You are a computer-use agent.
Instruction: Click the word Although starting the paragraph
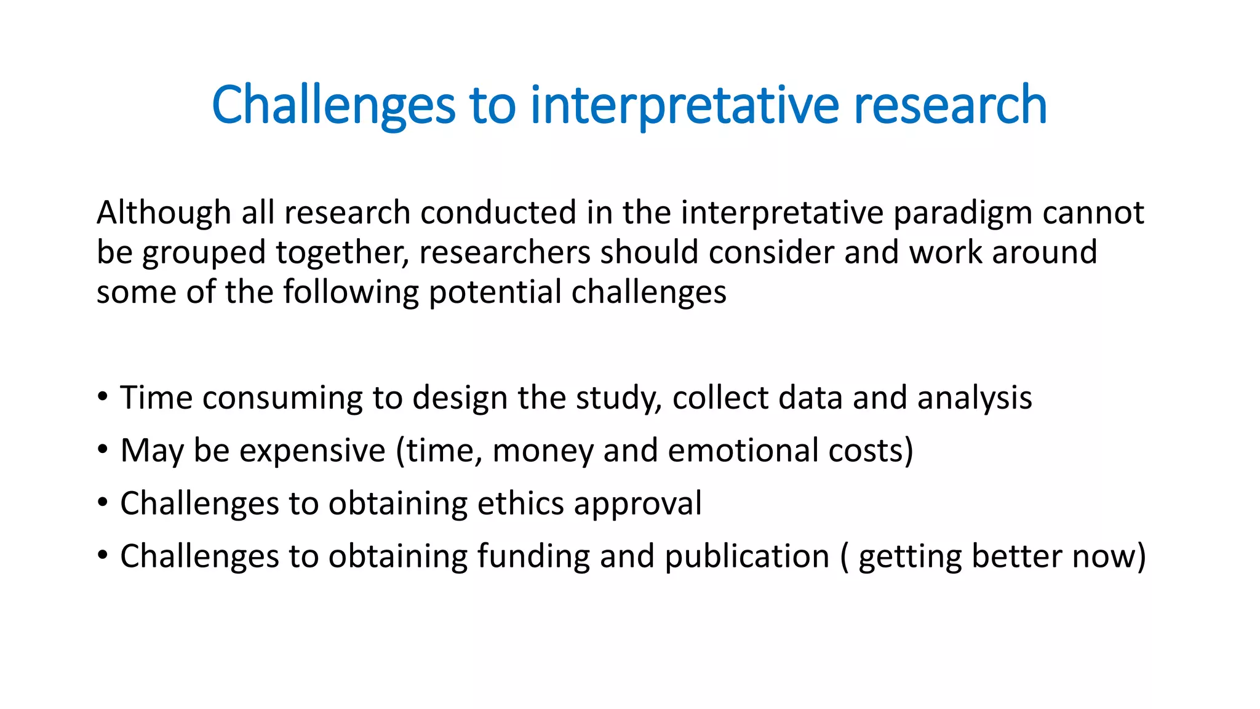[x=164, y=213]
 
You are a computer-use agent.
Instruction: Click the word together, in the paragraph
[x=342, y=252]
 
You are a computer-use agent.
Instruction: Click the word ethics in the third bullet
[x=520, y=503]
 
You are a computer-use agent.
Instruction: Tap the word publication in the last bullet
[x=747, y=556]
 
